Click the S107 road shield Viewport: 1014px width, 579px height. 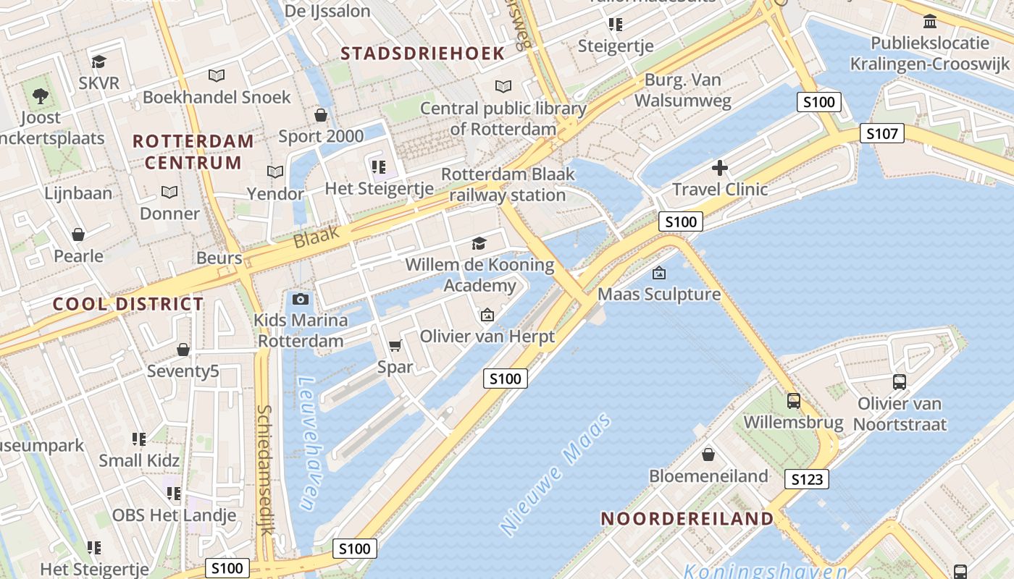click(x=882, y=133)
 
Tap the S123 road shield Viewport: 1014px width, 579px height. click(x=806, y=479)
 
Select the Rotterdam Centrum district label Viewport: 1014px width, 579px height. click(x=193, y=152)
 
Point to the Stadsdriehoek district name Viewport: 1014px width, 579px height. click(x=422, y=54)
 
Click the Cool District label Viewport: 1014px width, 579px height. click(x=128, y=304)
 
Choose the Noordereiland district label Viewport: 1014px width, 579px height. click(x=687, y=518)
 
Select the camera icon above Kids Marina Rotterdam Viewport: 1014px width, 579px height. click(x=301, y=299)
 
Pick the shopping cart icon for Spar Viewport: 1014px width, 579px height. click(x=395, y=346)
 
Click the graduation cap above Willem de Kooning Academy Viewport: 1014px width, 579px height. click(x=479, y=243)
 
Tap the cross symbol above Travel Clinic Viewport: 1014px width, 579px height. click(x=719, y=169)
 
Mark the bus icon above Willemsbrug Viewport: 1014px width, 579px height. click(x=793, y=400)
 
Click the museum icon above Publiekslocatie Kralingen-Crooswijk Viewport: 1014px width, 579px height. click(x=930, y=20)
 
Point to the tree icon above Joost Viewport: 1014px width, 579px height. click(x=41, y=96)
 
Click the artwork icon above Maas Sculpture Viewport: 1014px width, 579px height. click(x=659, y=273)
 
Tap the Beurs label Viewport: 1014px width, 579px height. click(x=219, y=258)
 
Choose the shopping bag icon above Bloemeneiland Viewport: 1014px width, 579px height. click(x=708, y=455)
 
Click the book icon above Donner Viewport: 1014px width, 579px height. click(x=169, y=193)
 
